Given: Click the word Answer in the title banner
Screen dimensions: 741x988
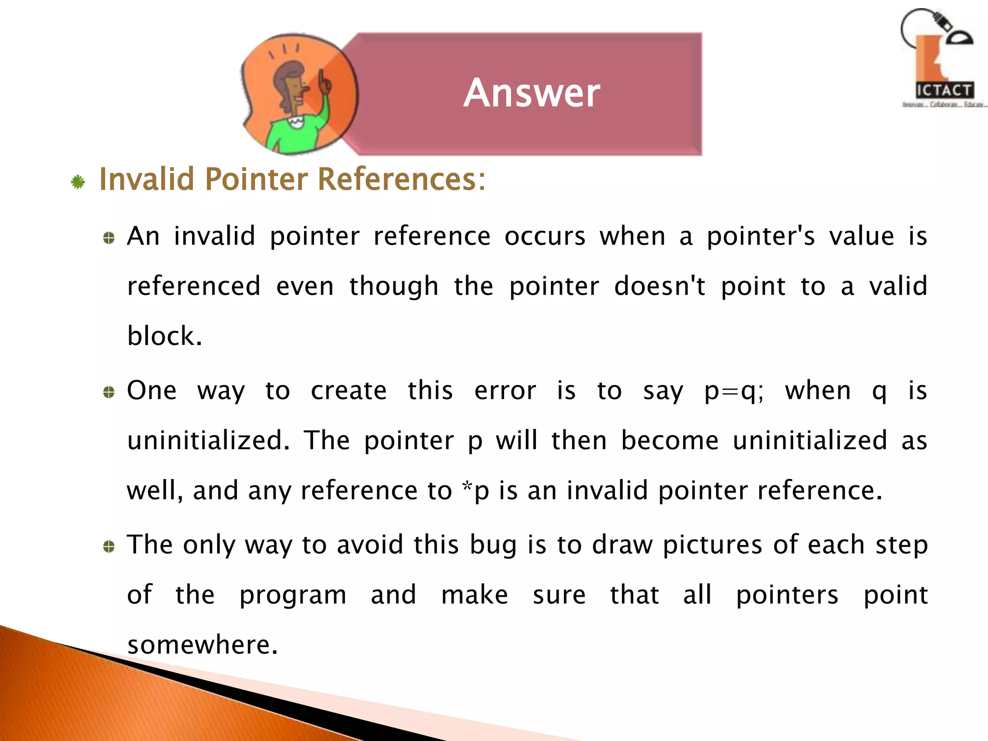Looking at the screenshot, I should coord(532,93).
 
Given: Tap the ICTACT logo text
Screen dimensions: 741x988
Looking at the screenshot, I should coord(944,90).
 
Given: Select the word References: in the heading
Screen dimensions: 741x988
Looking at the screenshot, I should coord(401,179).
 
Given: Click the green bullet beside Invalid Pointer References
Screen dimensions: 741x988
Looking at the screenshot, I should coord(78,182).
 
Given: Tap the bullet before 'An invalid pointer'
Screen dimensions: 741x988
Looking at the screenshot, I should coord(109,238).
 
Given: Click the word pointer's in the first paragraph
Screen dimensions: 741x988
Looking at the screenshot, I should coord(761,237).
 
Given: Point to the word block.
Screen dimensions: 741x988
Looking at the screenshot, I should coord(164,336).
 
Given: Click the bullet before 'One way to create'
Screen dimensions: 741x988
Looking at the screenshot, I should coord(109,392).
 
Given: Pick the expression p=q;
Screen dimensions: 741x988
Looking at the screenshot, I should coord(734,391).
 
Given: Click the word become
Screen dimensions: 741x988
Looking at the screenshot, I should coord(670,440).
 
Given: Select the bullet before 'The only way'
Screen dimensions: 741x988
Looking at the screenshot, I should coord(109,547).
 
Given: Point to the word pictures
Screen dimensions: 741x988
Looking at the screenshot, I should coord(712,545).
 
